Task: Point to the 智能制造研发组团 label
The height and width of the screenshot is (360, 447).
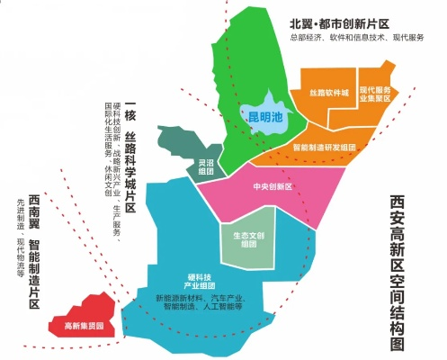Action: point(325,147)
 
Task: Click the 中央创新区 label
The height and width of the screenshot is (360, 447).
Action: point(274,187)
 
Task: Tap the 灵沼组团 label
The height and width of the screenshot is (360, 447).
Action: point(206,166)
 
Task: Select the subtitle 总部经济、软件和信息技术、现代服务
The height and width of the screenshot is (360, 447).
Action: point(357,38)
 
